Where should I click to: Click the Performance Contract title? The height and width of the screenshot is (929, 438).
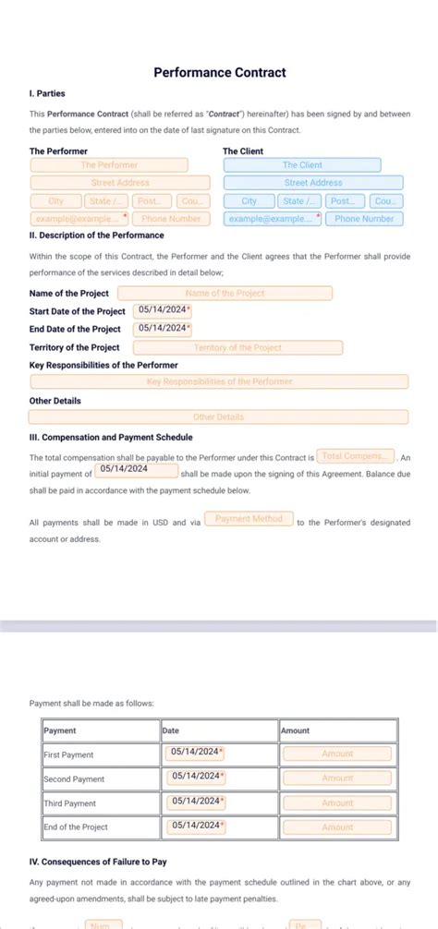click(219, 72)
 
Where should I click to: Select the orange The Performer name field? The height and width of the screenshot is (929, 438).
click(109, 165)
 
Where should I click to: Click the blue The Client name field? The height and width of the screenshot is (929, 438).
click(302, 165)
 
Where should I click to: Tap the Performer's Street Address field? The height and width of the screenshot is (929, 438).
click(120, 183)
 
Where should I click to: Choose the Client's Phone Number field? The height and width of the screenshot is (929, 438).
click(364, 219)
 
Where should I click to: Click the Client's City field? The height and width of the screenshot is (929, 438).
click(249, 201)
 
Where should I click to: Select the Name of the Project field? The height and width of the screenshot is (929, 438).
click(225, 293)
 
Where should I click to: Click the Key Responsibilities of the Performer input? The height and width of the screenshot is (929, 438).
click(219, 381)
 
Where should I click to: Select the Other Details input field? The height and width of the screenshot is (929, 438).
click(219, 417)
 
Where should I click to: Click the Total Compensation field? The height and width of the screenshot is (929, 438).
click(356, 456)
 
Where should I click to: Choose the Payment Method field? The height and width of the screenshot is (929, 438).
click(249, 519)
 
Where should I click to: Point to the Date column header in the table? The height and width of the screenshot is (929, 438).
click(171, 730)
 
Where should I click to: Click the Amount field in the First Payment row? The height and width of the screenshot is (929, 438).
click(337, 754)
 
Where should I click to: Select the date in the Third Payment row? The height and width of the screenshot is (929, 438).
click(197, 801)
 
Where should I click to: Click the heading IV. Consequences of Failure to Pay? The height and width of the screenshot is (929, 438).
click(98, 862)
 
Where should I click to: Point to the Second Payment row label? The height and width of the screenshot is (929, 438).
click(74, 778)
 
